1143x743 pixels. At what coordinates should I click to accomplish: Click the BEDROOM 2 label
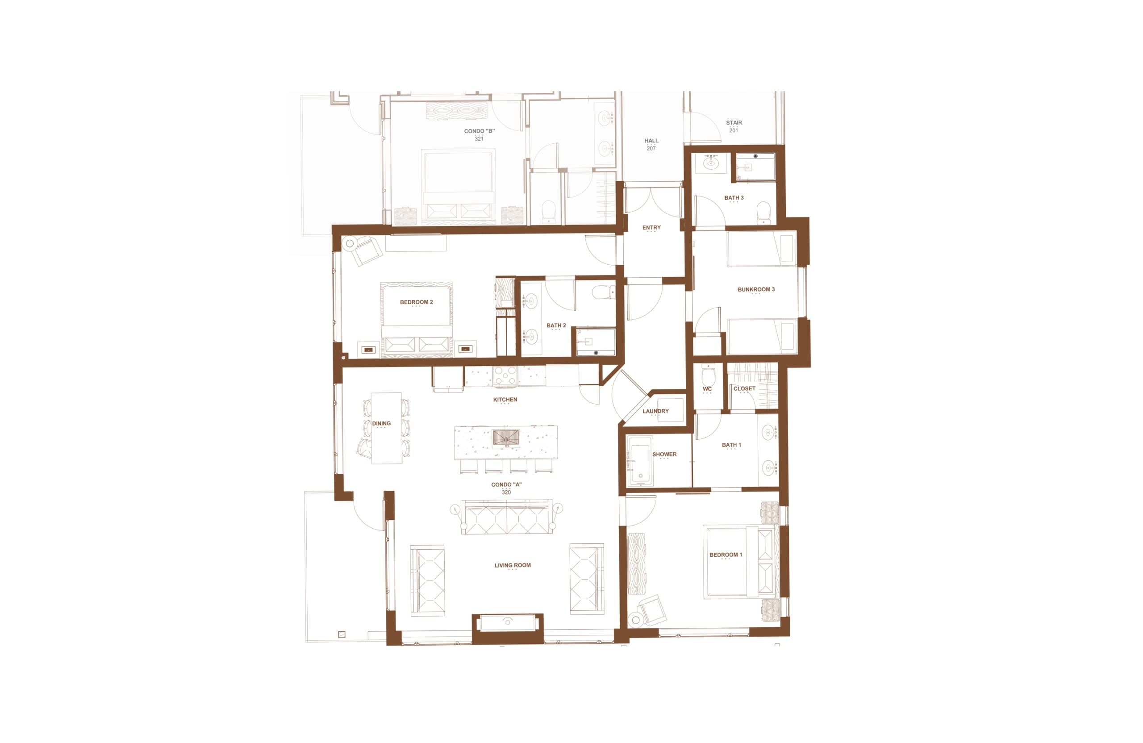coord(417,302)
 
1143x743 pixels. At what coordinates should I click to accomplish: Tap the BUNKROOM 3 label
coord(756,289)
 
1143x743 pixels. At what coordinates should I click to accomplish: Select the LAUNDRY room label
coord(655,411)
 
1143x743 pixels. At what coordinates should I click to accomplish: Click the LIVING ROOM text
coord(513,565)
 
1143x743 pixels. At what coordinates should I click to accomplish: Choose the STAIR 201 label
coord(734,126)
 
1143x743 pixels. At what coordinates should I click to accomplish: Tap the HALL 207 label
coord(651,144)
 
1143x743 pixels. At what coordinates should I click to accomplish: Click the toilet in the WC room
coord(709,373)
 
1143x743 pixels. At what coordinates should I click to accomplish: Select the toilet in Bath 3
coord(763,212)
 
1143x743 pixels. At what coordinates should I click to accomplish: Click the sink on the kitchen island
coord(506,438)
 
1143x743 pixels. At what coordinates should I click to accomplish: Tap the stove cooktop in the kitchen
coord(505,375)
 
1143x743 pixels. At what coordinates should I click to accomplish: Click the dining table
coord(387,428)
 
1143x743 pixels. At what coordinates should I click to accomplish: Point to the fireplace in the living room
coord(508,623)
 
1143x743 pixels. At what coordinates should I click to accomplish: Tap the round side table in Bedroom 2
coord(350,243)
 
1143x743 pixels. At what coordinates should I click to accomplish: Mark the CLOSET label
coord(744,388)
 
